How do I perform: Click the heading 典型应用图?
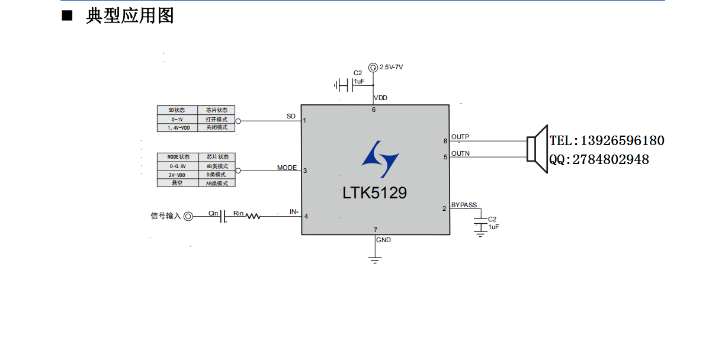pyautogui.click(x=130, y=16)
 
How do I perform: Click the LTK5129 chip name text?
pyautogui.click(x=374, y=193)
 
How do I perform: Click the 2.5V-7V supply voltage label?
pyautogui.click(x=391, y=67)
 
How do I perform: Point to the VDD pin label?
pyautogui.click(x=380, y=98)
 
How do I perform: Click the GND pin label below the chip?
pyautogui.click(x=383, y=240)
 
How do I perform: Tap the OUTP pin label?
pyautogui.click(x=460, y=137)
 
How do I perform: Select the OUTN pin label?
pyautogui.click(x=460, y=153)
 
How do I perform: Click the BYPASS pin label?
pyautogui.click(x=464, y=205)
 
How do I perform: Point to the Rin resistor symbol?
pyautogui.click(x=253, y=217)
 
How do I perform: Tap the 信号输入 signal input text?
pyautogui.click(x=165, y=216)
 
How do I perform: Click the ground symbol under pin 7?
pyautogui.click(x=374, y=260)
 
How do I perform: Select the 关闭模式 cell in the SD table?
pyautogui.click(x=216, y=127)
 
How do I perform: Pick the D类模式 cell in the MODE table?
pyautogui.click(x=216, y=175)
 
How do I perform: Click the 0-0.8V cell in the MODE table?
pyautogui.click(x=177, y=166)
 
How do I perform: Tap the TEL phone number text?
pyautogui.click(x=607, y=141)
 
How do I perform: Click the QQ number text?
pyautogui.click(x=599, y=159)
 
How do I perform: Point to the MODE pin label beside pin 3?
pyautogui.click(x=287, y=168)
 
